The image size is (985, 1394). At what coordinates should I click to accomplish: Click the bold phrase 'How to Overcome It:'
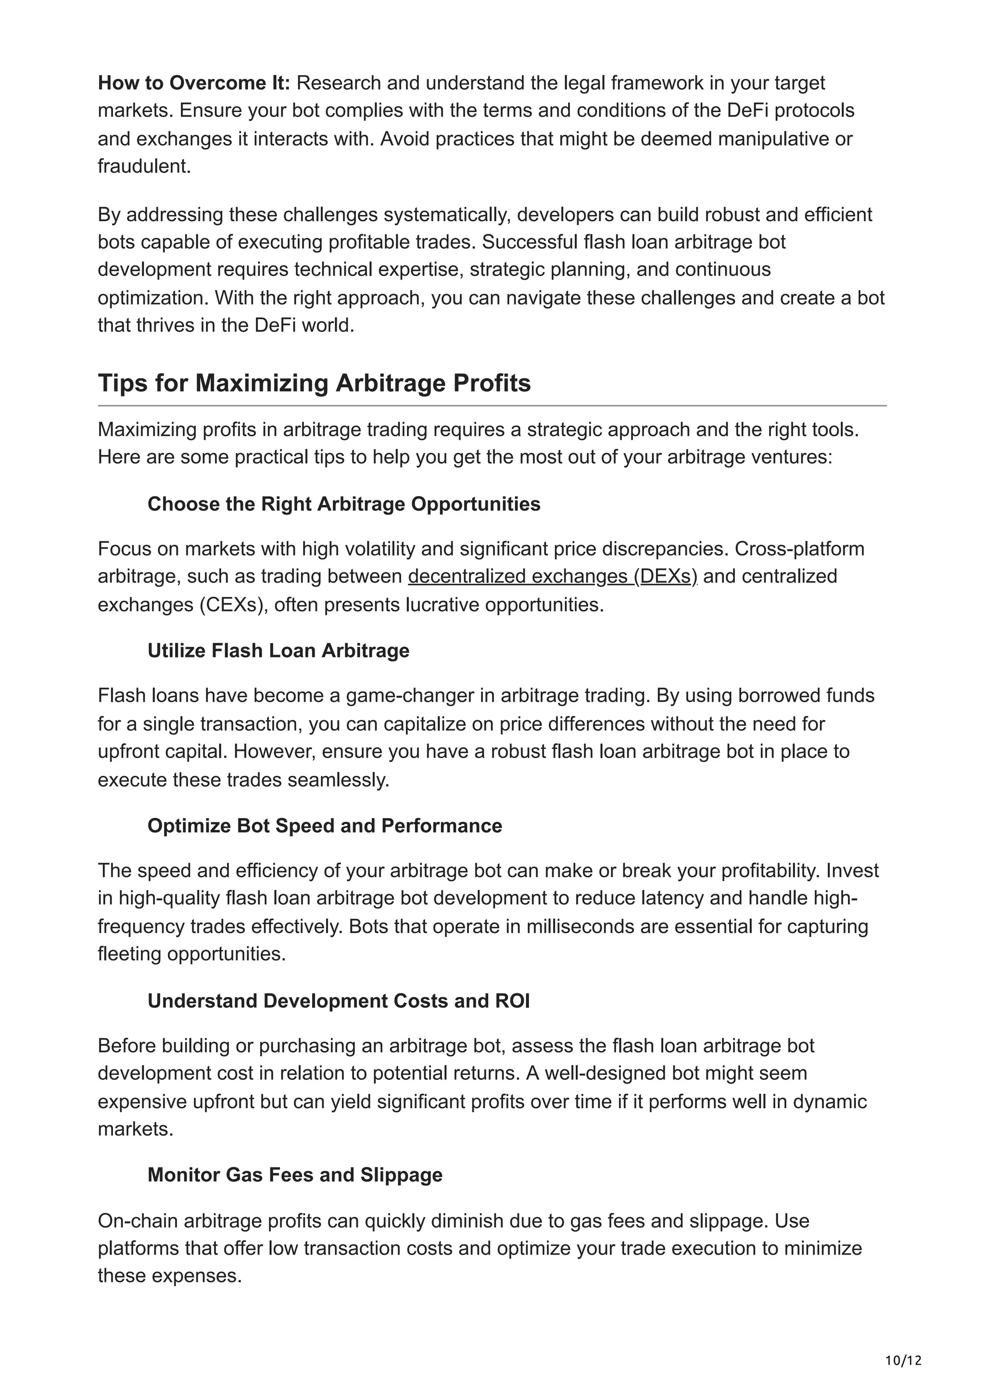tap(194, 83)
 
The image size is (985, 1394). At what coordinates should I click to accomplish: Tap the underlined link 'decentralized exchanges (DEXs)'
tap(552, 576)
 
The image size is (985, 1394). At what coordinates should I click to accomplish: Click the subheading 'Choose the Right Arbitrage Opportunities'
tap(343, 504)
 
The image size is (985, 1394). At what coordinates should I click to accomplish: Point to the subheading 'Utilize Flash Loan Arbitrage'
tap(278, 650)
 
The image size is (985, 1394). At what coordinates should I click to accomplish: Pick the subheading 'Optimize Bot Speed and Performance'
tap(325, 826)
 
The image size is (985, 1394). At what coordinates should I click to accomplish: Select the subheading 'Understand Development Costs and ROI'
tap(338, 1001)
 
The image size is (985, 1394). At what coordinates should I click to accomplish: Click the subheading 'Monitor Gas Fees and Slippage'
tap(295, 1174)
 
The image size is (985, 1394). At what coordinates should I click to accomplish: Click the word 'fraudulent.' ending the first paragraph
tap(144, 166)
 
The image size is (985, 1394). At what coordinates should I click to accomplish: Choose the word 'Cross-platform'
tap(799, 548)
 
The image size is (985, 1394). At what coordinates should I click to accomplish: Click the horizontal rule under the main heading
tap(492, 406)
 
